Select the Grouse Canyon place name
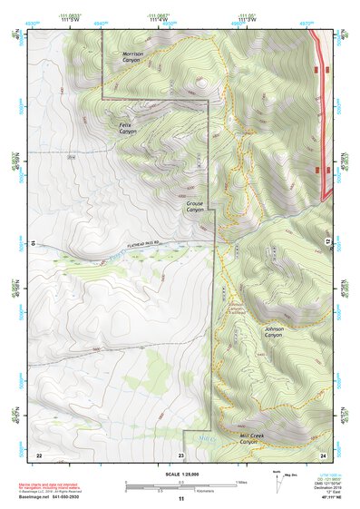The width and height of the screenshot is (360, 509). (x=196, y=207)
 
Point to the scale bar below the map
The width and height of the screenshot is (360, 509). (x=180, y=485)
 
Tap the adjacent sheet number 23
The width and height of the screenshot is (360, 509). (x=181, y=454)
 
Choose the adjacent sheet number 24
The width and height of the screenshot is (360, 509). (x=322, y=454)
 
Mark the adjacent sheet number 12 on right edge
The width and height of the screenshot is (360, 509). (x=327, y=241)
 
